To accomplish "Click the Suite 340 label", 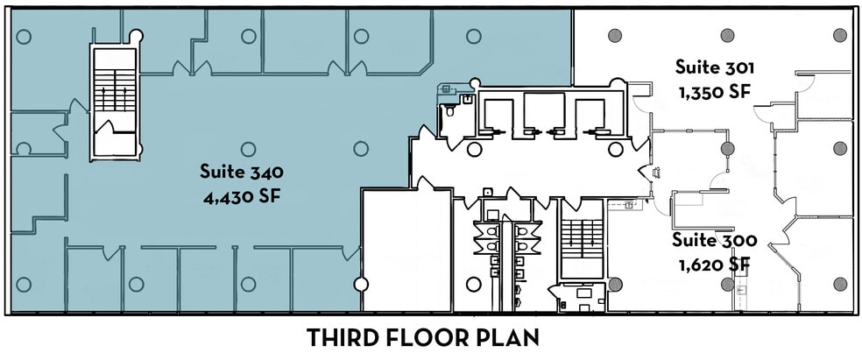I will point(241,170).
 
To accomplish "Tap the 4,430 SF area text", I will point(241,194).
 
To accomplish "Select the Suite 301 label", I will point(715,67).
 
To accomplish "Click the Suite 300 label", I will point(715,238).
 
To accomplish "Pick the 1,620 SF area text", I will point(715,262).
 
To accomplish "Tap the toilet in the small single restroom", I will point(449,112).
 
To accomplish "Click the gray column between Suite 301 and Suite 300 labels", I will point(727,148).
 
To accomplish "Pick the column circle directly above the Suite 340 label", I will point(248,148).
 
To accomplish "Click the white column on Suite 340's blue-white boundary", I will point(360,284).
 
